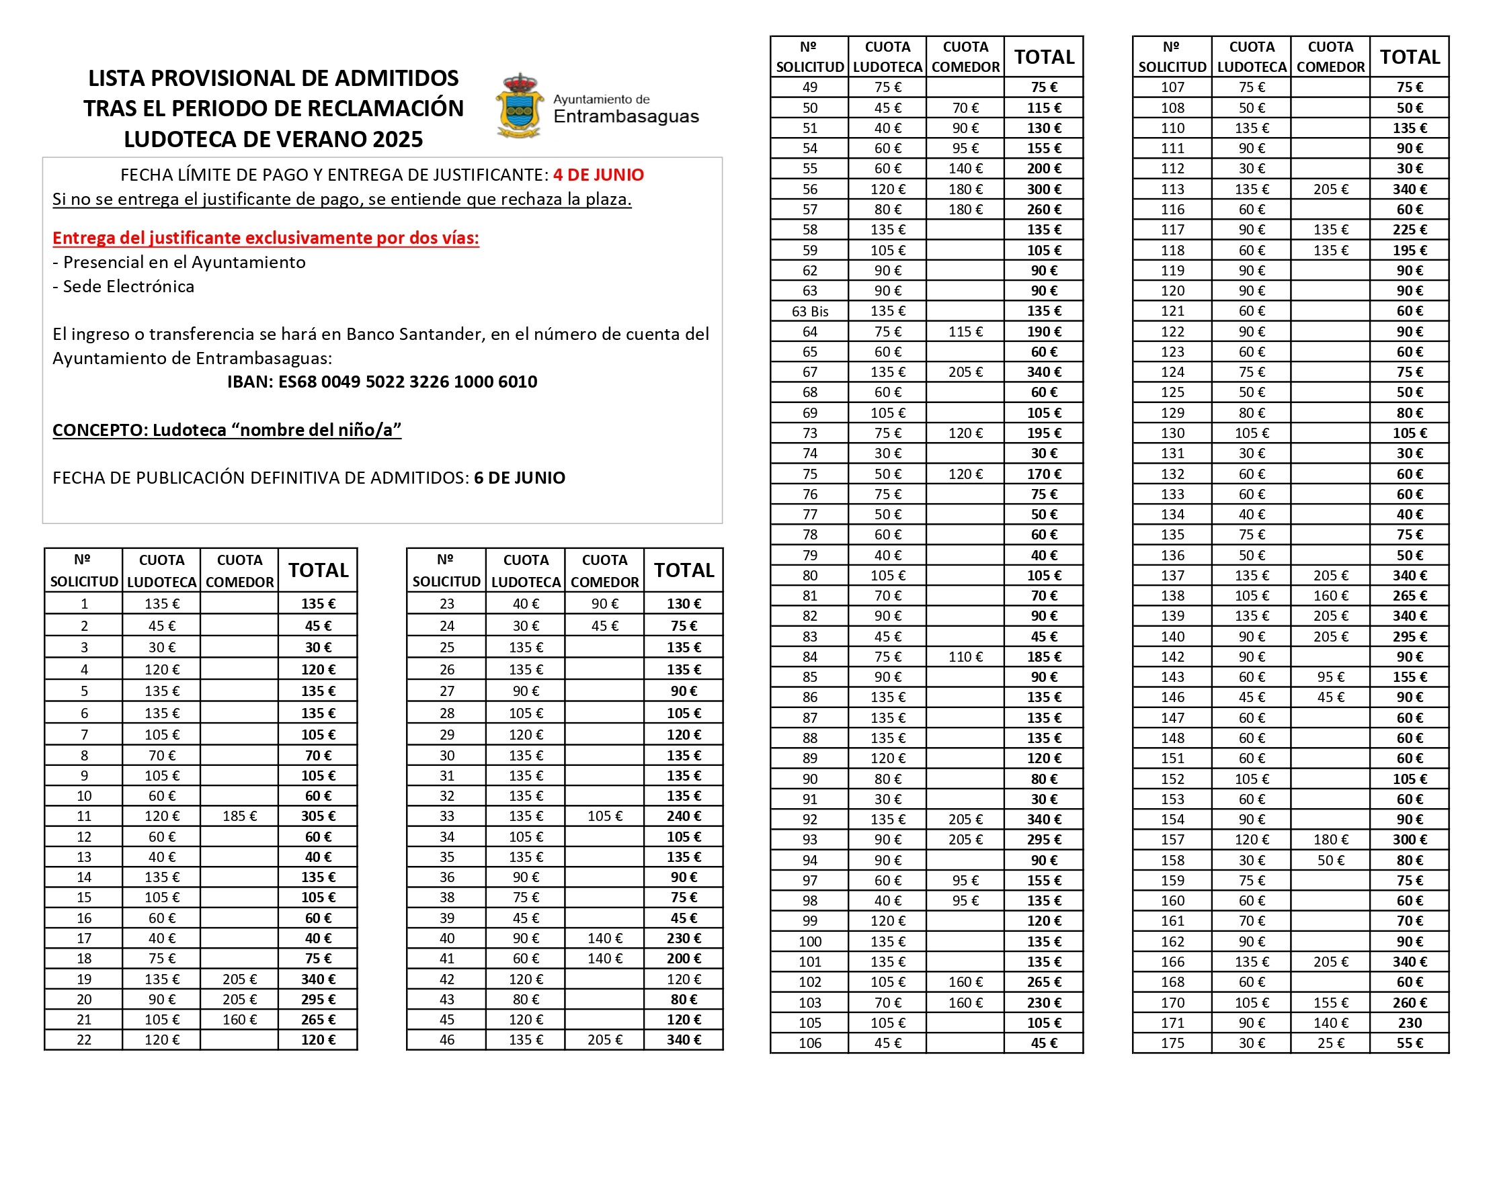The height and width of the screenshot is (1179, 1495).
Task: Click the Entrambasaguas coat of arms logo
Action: click(x=518, y=105)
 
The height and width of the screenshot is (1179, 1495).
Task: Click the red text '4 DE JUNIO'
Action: click(x=598, y=175)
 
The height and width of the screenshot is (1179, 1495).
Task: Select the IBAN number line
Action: click(x=382, y=382)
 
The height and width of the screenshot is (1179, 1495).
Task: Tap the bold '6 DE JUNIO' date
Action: click(x=519, y=478)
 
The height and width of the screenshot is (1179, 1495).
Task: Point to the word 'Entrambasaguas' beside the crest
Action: click(x=626, y=117)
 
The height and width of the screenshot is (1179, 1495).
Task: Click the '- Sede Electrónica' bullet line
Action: click(x=124, y=286)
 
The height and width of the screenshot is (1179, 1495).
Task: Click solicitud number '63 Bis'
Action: click(x=809, y=311)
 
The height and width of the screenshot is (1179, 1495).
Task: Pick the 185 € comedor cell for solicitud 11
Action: click(x=239, y=816)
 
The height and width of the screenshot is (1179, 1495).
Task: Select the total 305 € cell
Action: click(x=318, y=816)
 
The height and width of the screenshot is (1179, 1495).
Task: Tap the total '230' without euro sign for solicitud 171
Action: click(x=1410, y=1023)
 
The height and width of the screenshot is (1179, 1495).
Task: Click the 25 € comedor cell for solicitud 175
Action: click(x=1330, y=1043)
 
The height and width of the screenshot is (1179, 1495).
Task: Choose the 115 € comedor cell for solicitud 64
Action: click(x=965, y=331)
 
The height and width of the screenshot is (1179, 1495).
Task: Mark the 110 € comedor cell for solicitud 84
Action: click(x=965, y=656)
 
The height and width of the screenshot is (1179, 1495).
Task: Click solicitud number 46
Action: click(x=447, y=1039)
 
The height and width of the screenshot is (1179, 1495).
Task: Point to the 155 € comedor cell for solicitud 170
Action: click(x=1330, y=1002)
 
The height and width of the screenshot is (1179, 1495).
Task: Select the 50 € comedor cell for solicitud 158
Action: click(x=1330, y=860)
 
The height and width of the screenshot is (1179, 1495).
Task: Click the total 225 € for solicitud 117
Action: click(x=1410, y=230)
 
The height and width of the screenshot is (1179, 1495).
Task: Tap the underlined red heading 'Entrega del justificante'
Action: click(x=265, y=238)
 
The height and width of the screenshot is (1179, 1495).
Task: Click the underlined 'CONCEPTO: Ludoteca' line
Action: click(x=227, y=430)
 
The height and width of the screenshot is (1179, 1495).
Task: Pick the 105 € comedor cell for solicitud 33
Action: click(x=604, y=816)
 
